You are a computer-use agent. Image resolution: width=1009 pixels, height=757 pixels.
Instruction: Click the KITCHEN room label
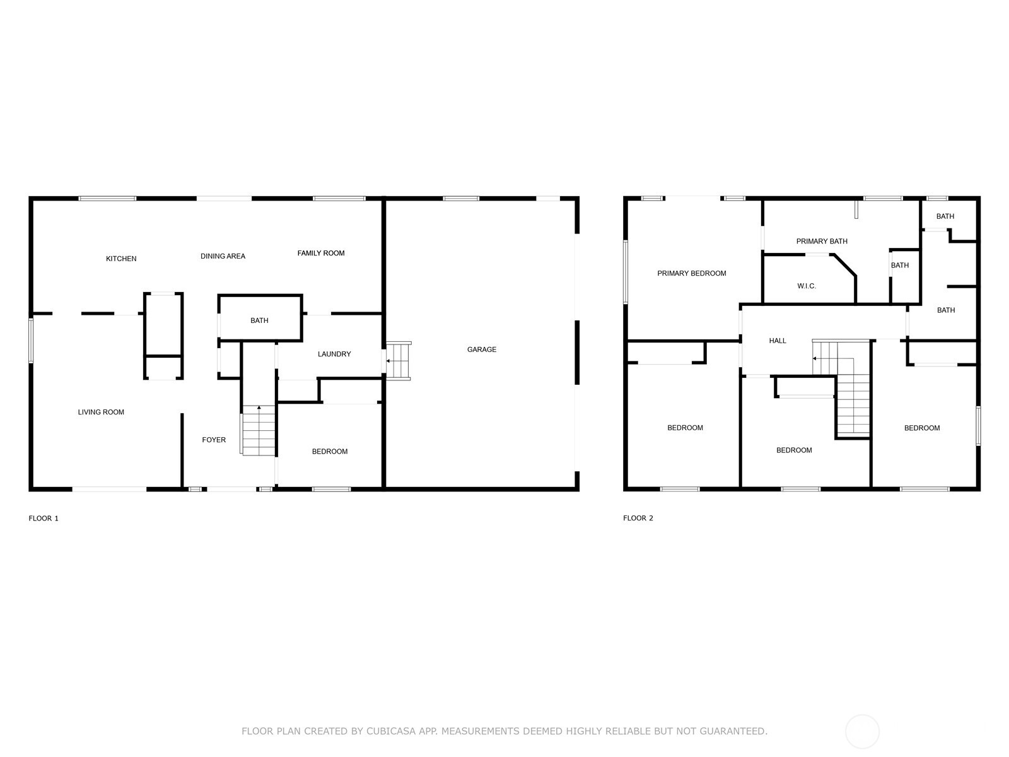(121, 259)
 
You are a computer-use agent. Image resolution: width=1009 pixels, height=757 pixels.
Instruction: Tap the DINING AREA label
(223, 256)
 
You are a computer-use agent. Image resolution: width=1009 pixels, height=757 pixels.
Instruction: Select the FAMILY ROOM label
(321, 253)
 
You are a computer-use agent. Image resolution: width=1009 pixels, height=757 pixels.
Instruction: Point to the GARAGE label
(482, 349)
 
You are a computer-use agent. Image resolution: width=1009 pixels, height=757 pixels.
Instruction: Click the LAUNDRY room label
(334, 354)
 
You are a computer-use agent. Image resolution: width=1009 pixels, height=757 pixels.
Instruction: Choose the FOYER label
(214, 440)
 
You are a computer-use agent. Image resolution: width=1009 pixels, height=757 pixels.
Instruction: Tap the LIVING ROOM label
(101, 413)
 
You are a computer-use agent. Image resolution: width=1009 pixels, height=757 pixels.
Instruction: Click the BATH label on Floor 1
(259, 320)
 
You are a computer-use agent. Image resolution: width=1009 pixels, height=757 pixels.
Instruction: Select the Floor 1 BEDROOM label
(330, 451)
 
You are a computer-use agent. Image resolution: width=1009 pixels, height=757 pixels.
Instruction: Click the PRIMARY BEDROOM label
(692, 274)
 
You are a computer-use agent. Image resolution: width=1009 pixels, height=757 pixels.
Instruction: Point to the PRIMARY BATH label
(822, 242)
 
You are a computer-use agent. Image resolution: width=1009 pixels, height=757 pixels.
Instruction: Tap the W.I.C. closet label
(807, 286)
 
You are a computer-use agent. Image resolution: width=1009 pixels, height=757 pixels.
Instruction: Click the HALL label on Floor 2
(778, 341)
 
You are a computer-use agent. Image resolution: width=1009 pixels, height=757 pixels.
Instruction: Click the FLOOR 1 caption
(44, 519)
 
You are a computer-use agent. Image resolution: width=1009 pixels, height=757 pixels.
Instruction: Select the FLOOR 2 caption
(638, 518)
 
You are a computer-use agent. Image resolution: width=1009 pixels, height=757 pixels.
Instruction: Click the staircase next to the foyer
(259, 431)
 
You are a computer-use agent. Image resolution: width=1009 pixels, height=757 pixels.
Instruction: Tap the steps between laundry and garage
(398, 361)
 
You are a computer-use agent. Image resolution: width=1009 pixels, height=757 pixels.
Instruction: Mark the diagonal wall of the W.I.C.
(844, 265)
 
